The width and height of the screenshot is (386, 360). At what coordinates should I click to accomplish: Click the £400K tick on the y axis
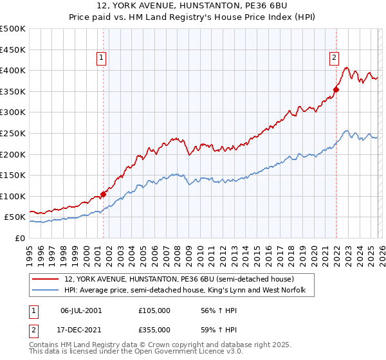[x=14, y=70]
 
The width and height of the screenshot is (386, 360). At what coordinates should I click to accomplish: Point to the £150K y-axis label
[x=14, y=175]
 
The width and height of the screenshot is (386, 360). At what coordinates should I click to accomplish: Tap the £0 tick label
[x=19, y=238]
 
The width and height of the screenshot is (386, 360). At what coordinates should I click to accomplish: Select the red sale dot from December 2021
[x=336, y=89]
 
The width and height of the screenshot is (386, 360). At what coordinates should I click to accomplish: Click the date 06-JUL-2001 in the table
[x=81, y=310]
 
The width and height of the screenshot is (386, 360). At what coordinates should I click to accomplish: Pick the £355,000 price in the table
[x=154, y=329]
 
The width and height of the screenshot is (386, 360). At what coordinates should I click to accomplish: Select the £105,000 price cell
[x=154, y=310]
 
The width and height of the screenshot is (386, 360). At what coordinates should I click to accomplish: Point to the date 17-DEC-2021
[x=81, y=329]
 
